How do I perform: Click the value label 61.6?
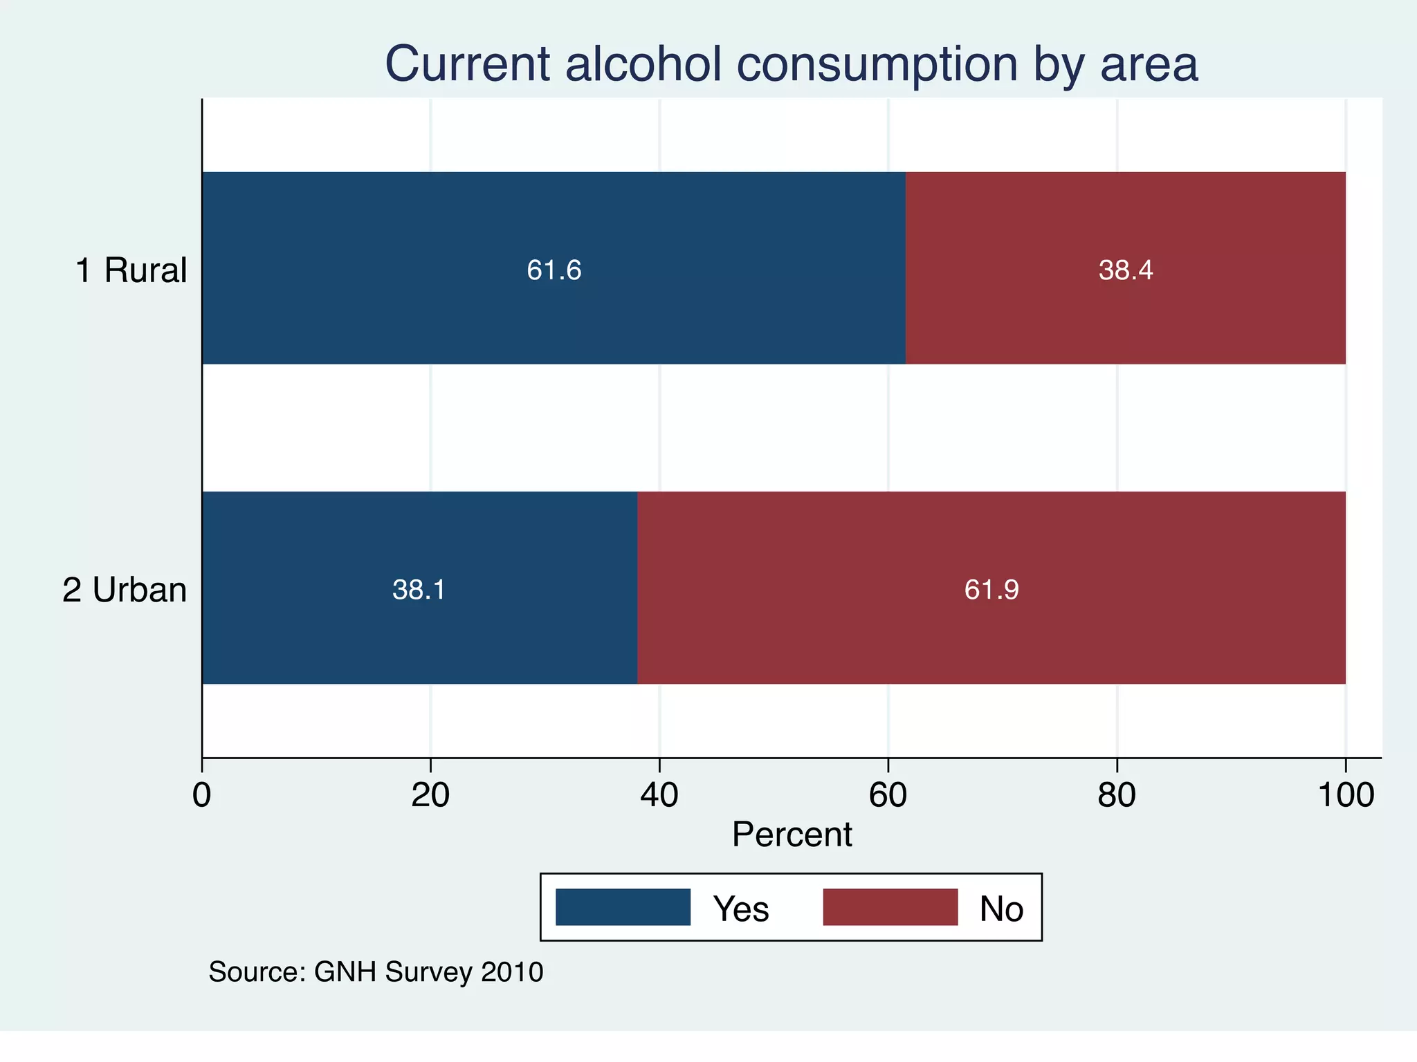554,270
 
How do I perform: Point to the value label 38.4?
1126,270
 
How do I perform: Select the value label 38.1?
419,590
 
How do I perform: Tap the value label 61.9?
991,590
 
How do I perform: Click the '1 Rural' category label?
131,270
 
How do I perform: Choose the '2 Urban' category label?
125,590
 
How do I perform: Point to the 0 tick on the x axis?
201,795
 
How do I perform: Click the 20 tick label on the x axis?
430,795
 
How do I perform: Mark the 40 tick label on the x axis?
659,795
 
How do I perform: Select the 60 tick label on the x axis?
888,795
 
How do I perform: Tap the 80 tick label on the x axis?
1117,795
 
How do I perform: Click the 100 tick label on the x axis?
1345,795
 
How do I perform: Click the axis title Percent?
792,835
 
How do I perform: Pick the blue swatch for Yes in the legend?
623,907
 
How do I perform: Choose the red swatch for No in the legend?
890,907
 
